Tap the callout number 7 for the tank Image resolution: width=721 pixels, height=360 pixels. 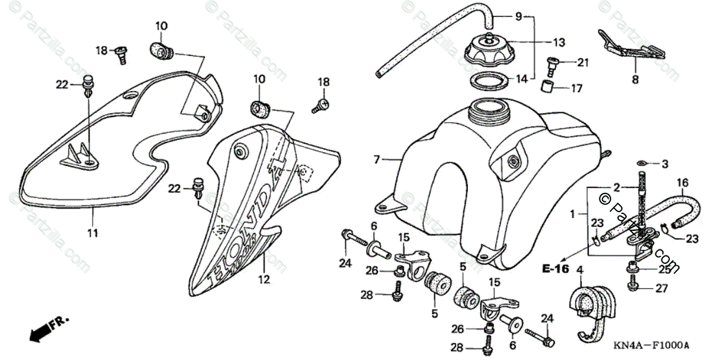coord(377,160)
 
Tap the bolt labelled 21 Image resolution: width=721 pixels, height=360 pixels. coord(552,63)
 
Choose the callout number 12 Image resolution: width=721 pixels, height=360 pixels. coord(265,279)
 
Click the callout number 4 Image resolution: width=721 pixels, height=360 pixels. coord(580,277)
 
